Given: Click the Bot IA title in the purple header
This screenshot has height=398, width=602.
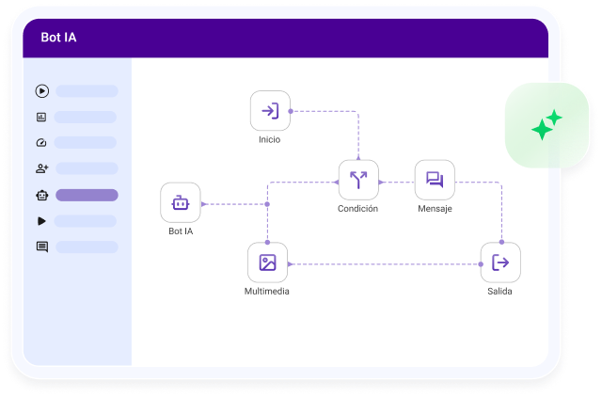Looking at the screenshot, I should coord(59,38).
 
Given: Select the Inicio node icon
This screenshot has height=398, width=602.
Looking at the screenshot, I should coord(270,111).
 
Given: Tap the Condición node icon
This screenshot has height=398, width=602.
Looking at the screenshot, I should coord(358,180).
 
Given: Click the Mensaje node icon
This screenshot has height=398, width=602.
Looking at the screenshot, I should coord(435,180).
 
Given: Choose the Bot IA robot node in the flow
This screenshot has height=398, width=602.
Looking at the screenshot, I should coord(180,202).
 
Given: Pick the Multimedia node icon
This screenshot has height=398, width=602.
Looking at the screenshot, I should coord(267,263).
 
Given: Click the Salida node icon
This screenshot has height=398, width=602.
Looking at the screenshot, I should coord(500,263).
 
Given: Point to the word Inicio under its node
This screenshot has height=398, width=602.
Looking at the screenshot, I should coord(270,139).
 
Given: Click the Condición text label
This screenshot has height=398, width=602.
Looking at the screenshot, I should coord(358,209).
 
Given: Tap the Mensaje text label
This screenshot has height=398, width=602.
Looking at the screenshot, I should coord(435,209).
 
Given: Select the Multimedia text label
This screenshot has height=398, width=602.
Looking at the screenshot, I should coord(267,292).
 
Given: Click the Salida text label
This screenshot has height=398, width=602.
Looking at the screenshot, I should coord(500,292).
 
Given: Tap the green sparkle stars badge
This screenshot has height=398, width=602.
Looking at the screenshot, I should coord(547,125).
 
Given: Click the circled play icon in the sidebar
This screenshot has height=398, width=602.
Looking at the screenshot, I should coord(41,91).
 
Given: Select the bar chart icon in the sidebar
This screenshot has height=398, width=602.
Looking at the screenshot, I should coord(41,118).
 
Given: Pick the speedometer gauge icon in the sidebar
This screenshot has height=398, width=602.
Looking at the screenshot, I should coord(41,143).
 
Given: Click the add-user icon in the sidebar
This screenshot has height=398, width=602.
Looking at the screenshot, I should coord(41,169).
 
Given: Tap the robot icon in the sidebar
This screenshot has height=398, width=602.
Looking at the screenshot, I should coord(41,196).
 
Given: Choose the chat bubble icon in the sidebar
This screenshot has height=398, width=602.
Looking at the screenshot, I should coord(41,247).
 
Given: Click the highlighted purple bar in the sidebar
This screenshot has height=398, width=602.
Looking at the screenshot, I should coord(87,196).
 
